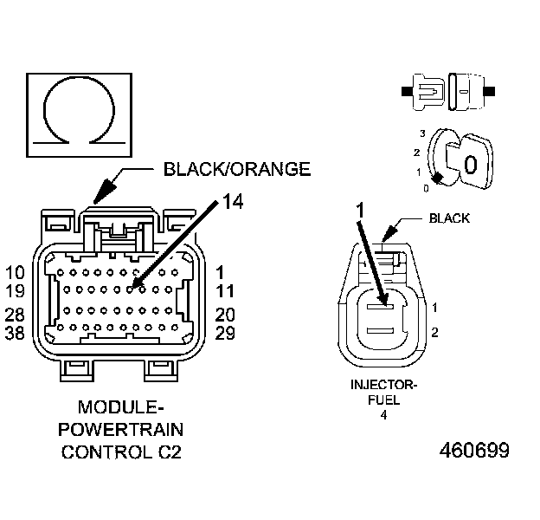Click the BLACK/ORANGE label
pyautogui.click(x=236, y=169)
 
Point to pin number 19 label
pyautogui.click(x=15, y=291)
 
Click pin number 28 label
pyautogui.click(x=15, y=315)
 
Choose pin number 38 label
pyautogui.click(x=15, y=332)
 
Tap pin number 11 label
pyautogui.click(x=225, y=291)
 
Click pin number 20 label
pyautogui.click(x=225, y=315)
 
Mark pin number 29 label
pyautogui.click(x=225, y=332)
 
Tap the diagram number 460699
pyautogui.click(x=474, y=451)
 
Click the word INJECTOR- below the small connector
pyautogui.click(x=383, y=385)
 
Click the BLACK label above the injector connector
pyautogui.click(x=450, y=218)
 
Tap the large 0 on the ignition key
pyautogui.click(x=470, y=164)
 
